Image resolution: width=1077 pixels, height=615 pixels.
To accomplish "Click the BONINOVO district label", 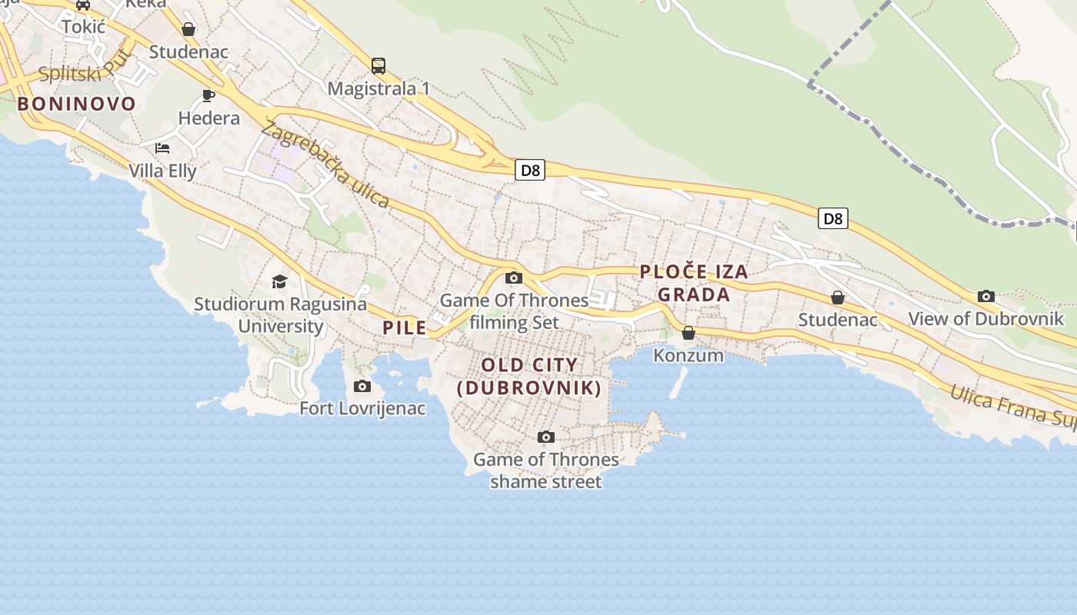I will (x=76, y=104).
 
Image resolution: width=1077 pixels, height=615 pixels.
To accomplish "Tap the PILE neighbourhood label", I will (x=405, y=327).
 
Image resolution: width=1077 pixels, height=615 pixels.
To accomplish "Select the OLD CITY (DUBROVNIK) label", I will (x=529, y=376).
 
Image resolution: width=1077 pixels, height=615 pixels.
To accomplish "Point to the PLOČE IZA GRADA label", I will (x=694, y=283).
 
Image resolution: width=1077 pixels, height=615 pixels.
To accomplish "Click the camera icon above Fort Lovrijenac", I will (x=362, y=386).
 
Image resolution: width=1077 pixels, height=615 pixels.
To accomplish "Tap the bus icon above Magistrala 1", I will (x=378, y=66).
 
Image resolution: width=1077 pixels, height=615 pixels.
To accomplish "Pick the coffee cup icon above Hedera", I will (x=208, y=95).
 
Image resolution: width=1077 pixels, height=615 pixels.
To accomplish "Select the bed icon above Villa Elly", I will (x=162, y=148).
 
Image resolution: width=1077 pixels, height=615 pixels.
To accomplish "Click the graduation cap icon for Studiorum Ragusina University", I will (x=279, y=282).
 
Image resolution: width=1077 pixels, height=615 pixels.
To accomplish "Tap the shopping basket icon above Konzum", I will (x=689, y=333).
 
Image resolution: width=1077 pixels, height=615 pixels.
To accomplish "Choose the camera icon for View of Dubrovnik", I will (x=985, y=296).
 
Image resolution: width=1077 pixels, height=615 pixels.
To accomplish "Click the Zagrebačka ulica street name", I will (x=325, y=165).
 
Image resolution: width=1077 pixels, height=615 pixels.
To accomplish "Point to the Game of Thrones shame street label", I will (x=545, y=470).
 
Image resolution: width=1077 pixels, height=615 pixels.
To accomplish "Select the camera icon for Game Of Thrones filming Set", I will (x=514, y=278).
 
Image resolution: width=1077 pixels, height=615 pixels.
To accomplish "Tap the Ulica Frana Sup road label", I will (x=1011, y=405).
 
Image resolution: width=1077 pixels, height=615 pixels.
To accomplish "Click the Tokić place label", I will (x=83, y=27).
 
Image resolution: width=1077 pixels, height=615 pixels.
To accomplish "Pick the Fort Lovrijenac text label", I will (x=362, y=408).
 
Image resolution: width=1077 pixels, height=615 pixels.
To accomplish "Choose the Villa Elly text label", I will (x=162, y=171).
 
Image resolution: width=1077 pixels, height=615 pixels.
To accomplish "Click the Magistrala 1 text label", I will (x=378, y=88).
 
